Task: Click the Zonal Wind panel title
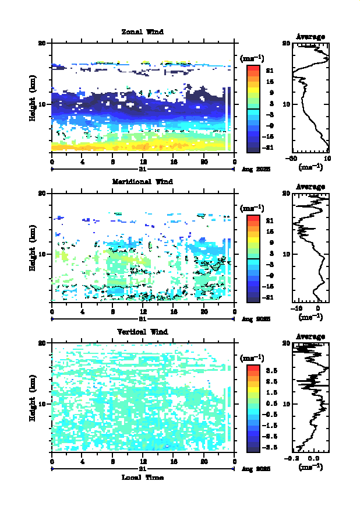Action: coord(142,31)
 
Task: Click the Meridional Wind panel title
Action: coord(142,181)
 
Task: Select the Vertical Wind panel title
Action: coord(143,332)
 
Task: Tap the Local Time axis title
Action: coord(143,477)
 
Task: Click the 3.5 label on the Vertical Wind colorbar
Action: coord(271,370)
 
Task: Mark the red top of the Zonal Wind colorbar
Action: coord(253,68)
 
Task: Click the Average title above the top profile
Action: coord(310,37)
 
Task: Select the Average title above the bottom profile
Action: coord(310,336)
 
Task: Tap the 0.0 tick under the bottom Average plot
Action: coord(313,459)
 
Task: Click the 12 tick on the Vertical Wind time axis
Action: coord(143,461)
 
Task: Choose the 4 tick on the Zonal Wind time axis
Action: coord(83,161)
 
